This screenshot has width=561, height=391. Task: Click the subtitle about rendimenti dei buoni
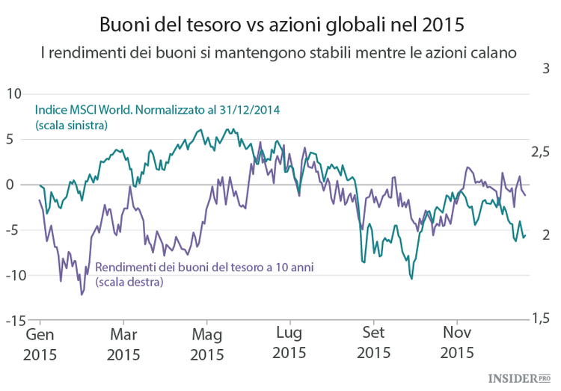[280, 53]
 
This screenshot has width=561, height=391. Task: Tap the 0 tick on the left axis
[18, 185]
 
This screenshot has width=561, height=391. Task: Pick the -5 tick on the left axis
[15, 230]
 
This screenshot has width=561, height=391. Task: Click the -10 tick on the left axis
[13, 276]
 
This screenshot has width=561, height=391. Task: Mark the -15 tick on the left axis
[13, 321]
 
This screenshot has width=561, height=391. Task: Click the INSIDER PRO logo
[519, 379]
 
